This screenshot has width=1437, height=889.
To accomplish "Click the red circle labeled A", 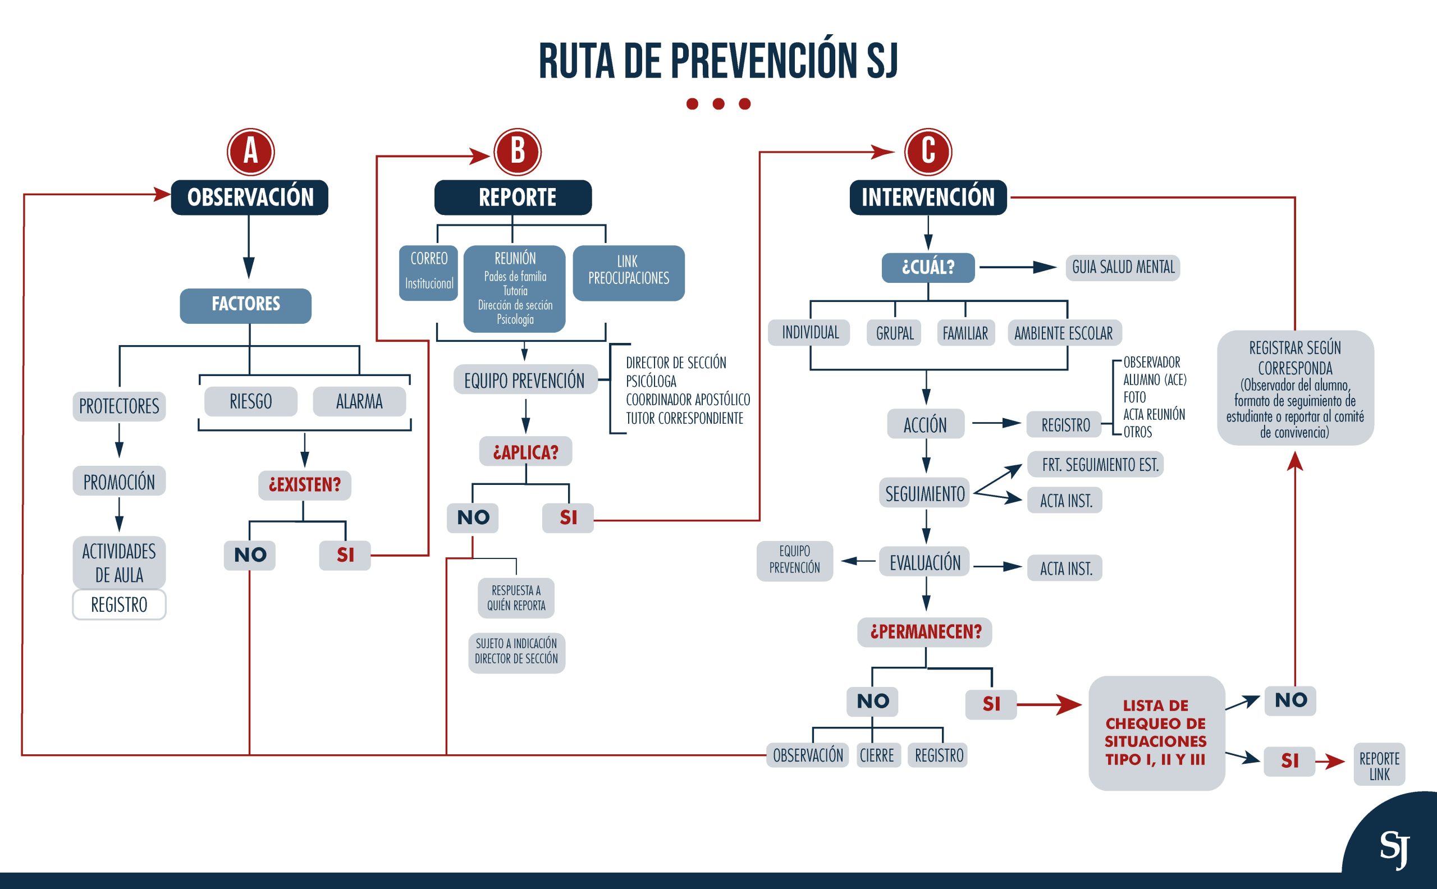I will coord(250,152).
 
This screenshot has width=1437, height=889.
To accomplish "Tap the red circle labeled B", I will coord(518,152).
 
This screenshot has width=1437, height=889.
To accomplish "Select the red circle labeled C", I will coord(928,152).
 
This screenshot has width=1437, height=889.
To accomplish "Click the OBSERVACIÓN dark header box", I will coord(250,198).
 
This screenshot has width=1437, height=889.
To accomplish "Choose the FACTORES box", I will coord(246,305).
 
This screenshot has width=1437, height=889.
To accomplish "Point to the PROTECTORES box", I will coord(120,406).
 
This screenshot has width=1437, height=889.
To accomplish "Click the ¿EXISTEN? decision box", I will coord(305,485).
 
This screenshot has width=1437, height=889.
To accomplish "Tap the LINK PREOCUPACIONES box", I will coord(629,273).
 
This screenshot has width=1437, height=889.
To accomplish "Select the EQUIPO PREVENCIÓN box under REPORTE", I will coord(525,380).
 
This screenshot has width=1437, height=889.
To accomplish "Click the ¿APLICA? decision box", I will coord(525,452).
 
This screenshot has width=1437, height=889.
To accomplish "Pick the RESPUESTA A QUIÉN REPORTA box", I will coord(516,598).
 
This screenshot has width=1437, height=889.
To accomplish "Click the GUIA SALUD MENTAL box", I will coord(1123,268).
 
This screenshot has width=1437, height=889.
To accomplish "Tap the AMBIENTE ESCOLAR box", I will coord(1064,333).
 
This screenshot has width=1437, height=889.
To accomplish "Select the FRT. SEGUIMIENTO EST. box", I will coord(1095,465).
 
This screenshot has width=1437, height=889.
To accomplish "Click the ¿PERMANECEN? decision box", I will coord(926,632).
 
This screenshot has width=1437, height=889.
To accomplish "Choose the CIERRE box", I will coord(877,755).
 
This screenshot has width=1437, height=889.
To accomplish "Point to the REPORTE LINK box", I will coord(1379,765).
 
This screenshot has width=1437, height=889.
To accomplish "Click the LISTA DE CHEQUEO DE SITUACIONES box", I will coord(1156,732).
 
